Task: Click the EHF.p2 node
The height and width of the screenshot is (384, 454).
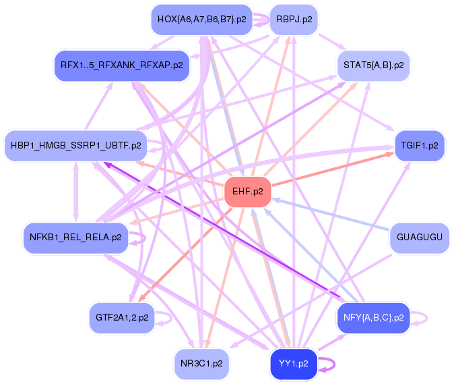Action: point(247,192)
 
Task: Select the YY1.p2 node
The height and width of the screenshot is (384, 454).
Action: point(293,363)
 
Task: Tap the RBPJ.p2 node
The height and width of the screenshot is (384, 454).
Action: point(294,20)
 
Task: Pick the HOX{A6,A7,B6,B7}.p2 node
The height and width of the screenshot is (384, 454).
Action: point(201,20)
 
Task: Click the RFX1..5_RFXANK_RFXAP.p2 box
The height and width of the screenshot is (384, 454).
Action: point(121,65)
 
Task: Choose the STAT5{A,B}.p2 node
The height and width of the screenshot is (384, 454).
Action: point(373,65)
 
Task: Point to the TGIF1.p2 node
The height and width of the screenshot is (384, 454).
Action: point(419,145)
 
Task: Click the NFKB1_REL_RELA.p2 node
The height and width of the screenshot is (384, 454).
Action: point(75,238)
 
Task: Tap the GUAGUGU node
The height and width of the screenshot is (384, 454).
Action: point(419,238)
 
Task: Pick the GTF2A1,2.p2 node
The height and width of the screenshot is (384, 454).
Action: point(121,317)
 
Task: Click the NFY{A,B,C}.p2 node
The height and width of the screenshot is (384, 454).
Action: point(373,317)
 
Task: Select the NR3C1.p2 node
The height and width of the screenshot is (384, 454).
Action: point(201,363)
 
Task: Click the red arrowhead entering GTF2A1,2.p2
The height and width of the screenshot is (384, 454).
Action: point(141,301)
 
